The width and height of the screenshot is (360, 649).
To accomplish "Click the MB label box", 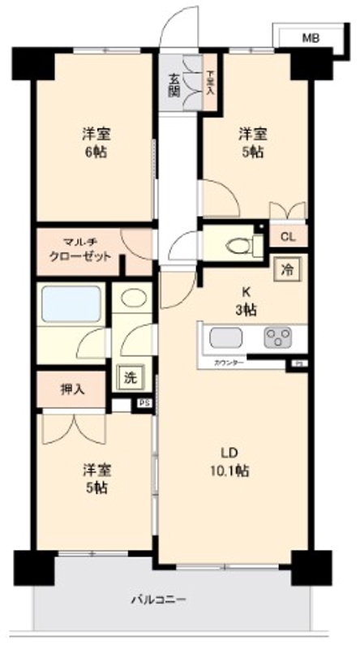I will [x=311, y=37].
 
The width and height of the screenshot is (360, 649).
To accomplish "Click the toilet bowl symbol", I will [x=238, y=243].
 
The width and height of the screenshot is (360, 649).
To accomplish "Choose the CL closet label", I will [x=287, y=238].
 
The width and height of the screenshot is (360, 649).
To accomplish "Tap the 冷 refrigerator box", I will [x=287, y=269].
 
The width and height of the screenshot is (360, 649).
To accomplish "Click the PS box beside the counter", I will [x=298, y=364].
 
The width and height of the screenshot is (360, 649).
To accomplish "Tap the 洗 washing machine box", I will [x=129, y=376].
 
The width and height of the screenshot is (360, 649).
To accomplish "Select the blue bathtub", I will [x=71, y=305].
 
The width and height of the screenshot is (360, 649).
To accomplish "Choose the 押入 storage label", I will [x=71, y=389].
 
